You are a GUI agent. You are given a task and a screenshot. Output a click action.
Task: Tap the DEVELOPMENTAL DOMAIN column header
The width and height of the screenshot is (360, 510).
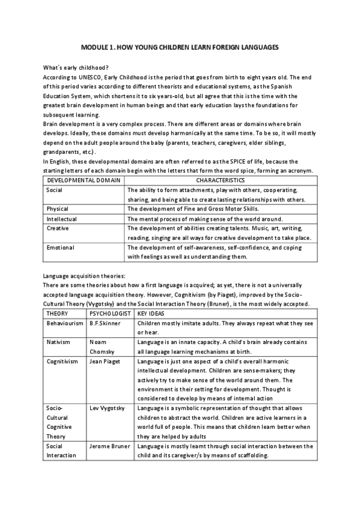[x=84, y=180]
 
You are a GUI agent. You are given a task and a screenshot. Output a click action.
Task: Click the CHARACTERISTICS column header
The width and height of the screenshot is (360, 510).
[x=220, y=180]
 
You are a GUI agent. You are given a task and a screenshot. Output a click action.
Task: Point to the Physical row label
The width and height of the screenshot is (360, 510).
[x=57, y=209]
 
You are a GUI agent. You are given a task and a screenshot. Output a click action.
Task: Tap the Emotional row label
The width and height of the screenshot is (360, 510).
[x=60, y=247]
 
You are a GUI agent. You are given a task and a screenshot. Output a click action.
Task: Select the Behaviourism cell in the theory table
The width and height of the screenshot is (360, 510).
[x=64, y=323]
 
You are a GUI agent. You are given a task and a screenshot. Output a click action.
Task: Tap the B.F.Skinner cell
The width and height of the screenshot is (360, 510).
[x=106, y=323]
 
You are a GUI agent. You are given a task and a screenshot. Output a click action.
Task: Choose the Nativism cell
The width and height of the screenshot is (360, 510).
[x=58, y=342]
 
